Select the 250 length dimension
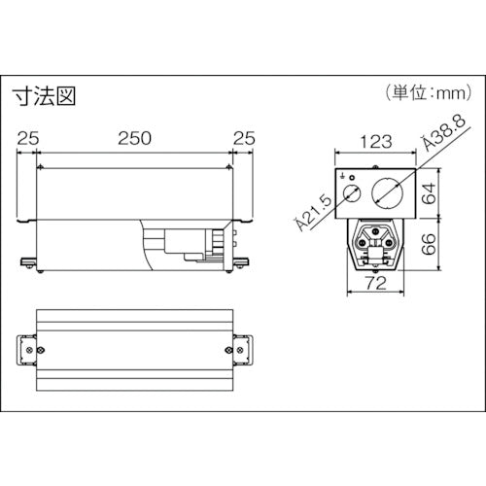(132, 138)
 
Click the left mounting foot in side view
(29, 260)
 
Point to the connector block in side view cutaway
(190, 244)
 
